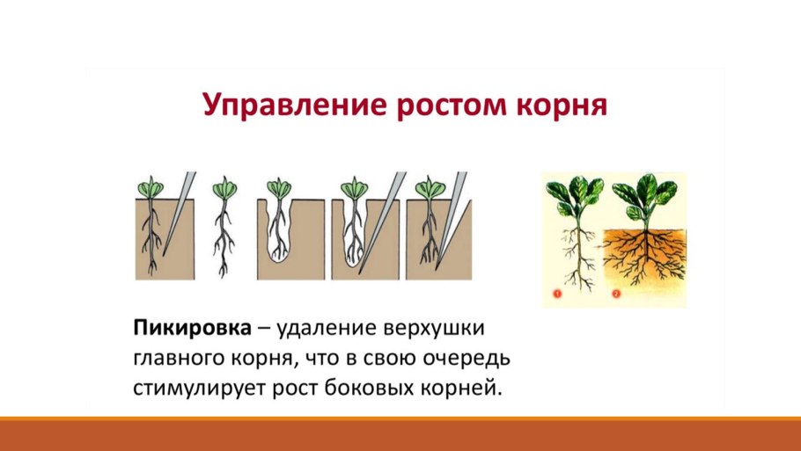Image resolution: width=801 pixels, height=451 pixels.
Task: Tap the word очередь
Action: (467, 359)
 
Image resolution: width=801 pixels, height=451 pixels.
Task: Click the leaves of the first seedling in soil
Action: (151, 187)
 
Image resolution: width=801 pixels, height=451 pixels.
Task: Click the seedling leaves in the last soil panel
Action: (430, 187)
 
